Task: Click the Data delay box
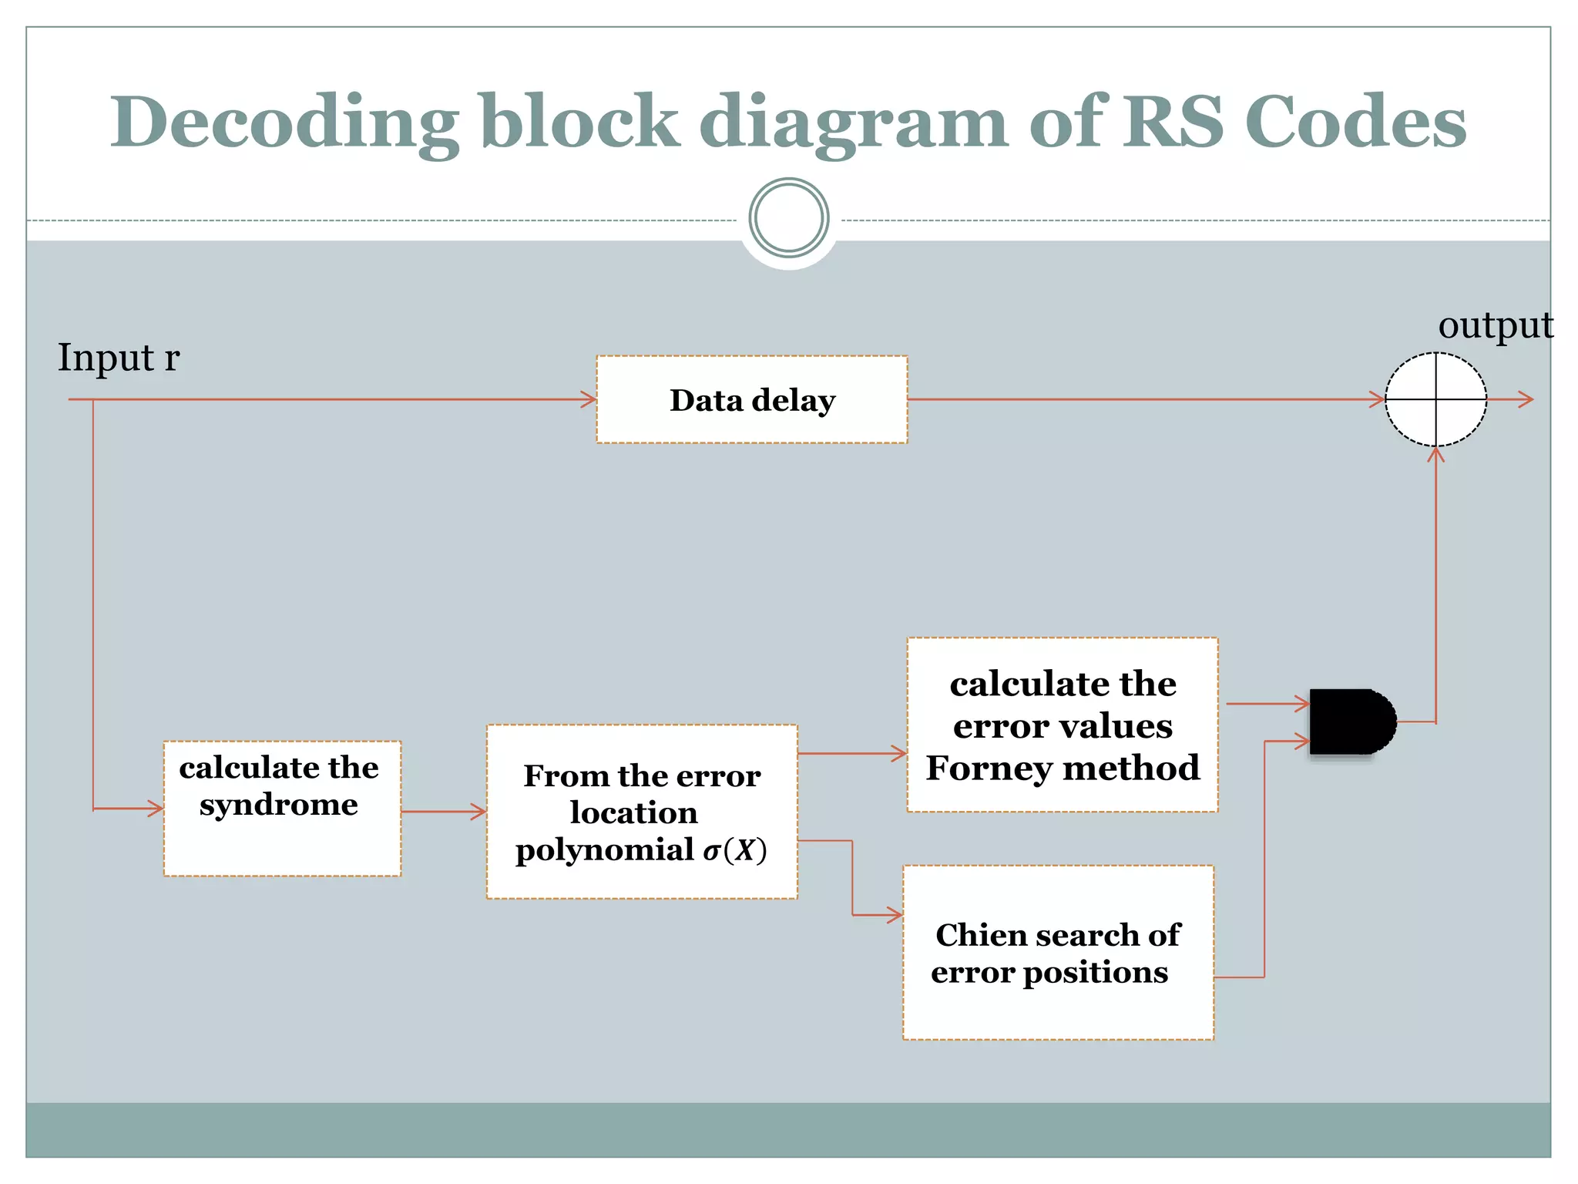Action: click(751, 399)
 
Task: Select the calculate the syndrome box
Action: click(282, 808)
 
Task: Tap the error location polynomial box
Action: click(642, 811)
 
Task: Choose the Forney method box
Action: click(1062, 725)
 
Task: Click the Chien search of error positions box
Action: click(1058, 953)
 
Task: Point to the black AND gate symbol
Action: click(1350, 721)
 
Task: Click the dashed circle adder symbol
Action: click(1435, 399)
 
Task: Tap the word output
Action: click(1495, 325)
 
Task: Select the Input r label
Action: click(119, 358)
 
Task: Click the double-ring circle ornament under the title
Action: click(788, 218)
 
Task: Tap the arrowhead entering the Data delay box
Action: click(589, 399)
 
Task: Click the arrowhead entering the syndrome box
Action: click(156, 809)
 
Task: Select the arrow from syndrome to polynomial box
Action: click(443, 811)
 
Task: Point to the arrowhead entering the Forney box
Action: click(899, 753)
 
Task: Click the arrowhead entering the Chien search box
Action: click(895, 915)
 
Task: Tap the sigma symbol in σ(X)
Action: click(711, 851)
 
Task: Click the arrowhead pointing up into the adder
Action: click(1435, 455)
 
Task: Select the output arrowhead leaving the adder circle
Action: click(1526, 399)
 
